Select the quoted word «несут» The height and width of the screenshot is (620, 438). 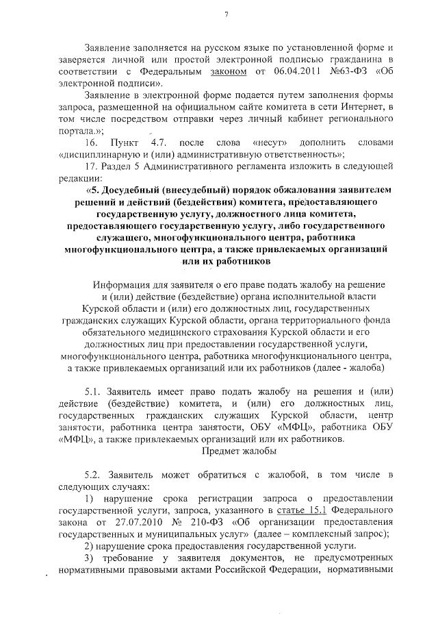[268, 142]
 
